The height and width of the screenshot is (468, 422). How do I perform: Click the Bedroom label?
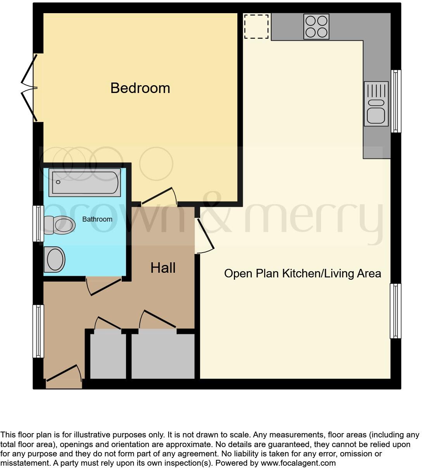coord(140,88)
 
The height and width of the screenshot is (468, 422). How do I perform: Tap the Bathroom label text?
coord(97,219)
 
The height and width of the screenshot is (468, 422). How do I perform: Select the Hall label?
coord(163,268)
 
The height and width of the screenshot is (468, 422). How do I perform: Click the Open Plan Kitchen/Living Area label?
coord(303,274)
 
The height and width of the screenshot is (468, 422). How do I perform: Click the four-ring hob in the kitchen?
coord(316,26)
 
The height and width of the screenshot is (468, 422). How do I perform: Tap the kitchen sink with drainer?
coord(376,104)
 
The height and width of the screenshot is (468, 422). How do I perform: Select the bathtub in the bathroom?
coord(85,182)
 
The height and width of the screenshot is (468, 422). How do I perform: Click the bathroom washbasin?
coord(54,259)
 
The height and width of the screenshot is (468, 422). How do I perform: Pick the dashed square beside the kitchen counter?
coord(256,26)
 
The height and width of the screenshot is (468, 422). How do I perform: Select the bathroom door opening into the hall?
coord(104,286)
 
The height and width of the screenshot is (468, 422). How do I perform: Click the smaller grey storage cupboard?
coord(108,354)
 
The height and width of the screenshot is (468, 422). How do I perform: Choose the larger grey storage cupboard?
coord(163,354)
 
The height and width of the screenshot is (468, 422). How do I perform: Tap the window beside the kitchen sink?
coord(396,102)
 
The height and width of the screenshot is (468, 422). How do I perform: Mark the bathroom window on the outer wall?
coord(38,224)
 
